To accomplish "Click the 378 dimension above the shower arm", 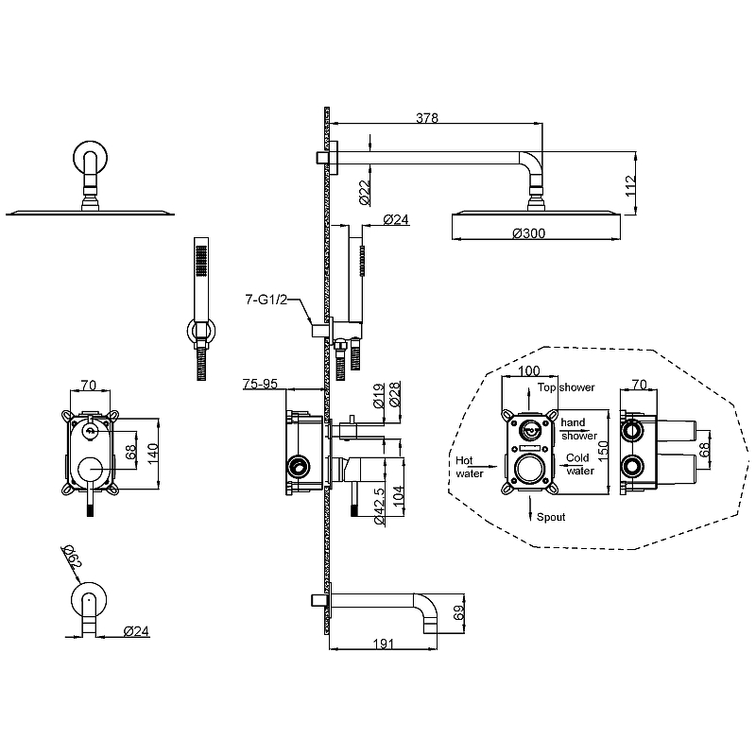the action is (x=427, y=117).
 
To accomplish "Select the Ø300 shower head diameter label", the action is (x=529, y=233).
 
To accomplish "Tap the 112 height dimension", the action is (x=630, y=185).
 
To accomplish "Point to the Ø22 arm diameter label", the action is (x=365, y=192).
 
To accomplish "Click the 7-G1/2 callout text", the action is (x=266, y=300).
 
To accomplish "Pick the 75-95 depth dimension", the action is (x=261, y=384).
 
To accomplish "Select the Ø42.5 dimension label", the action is (x=379, y=506).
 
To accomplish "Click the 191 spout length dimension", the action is (x=384, y=644).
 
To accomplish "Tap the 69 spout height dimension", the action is (x=458, y=612).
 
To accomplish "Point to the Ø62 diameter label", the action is (x=72, y=557).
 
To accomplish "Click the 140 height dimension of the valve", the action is (x=152, y=454).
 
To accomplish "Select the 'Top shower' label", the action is (x=566, y=387).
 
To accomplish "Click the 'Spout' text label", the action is (x=551, y=517).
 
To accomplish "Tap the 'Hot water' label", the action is (x=470, y=467).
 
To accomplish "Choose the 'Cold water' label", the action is (x=579, y=464).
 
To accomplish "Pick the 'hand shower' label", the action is (x=578, y=429).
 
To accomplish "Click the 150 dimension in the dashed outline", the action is (x=603, y=452).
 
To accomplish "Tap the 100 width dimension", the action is (x=529, y=370).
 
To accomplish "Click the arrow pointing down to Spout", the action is (x=530, y=508).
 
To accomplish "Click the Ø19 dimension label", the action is (x=379, y=395).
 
